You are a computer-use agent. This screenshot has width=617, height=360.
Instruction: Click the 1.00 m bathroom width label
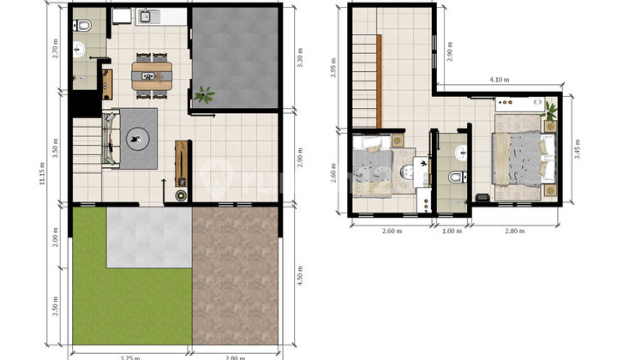coord(451,230)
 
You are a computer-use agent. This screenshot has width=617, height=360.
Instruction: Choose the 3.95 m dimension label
coord(333,68)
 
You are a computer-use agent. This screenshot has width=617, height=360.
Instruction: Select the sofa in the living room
coord(110,137)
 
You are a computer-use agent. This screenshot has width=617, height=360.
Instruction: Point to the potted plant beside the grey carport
coord(205,94)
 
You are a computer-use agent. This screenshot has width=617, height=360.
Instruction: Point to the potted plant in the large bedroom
coord(550,110)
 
